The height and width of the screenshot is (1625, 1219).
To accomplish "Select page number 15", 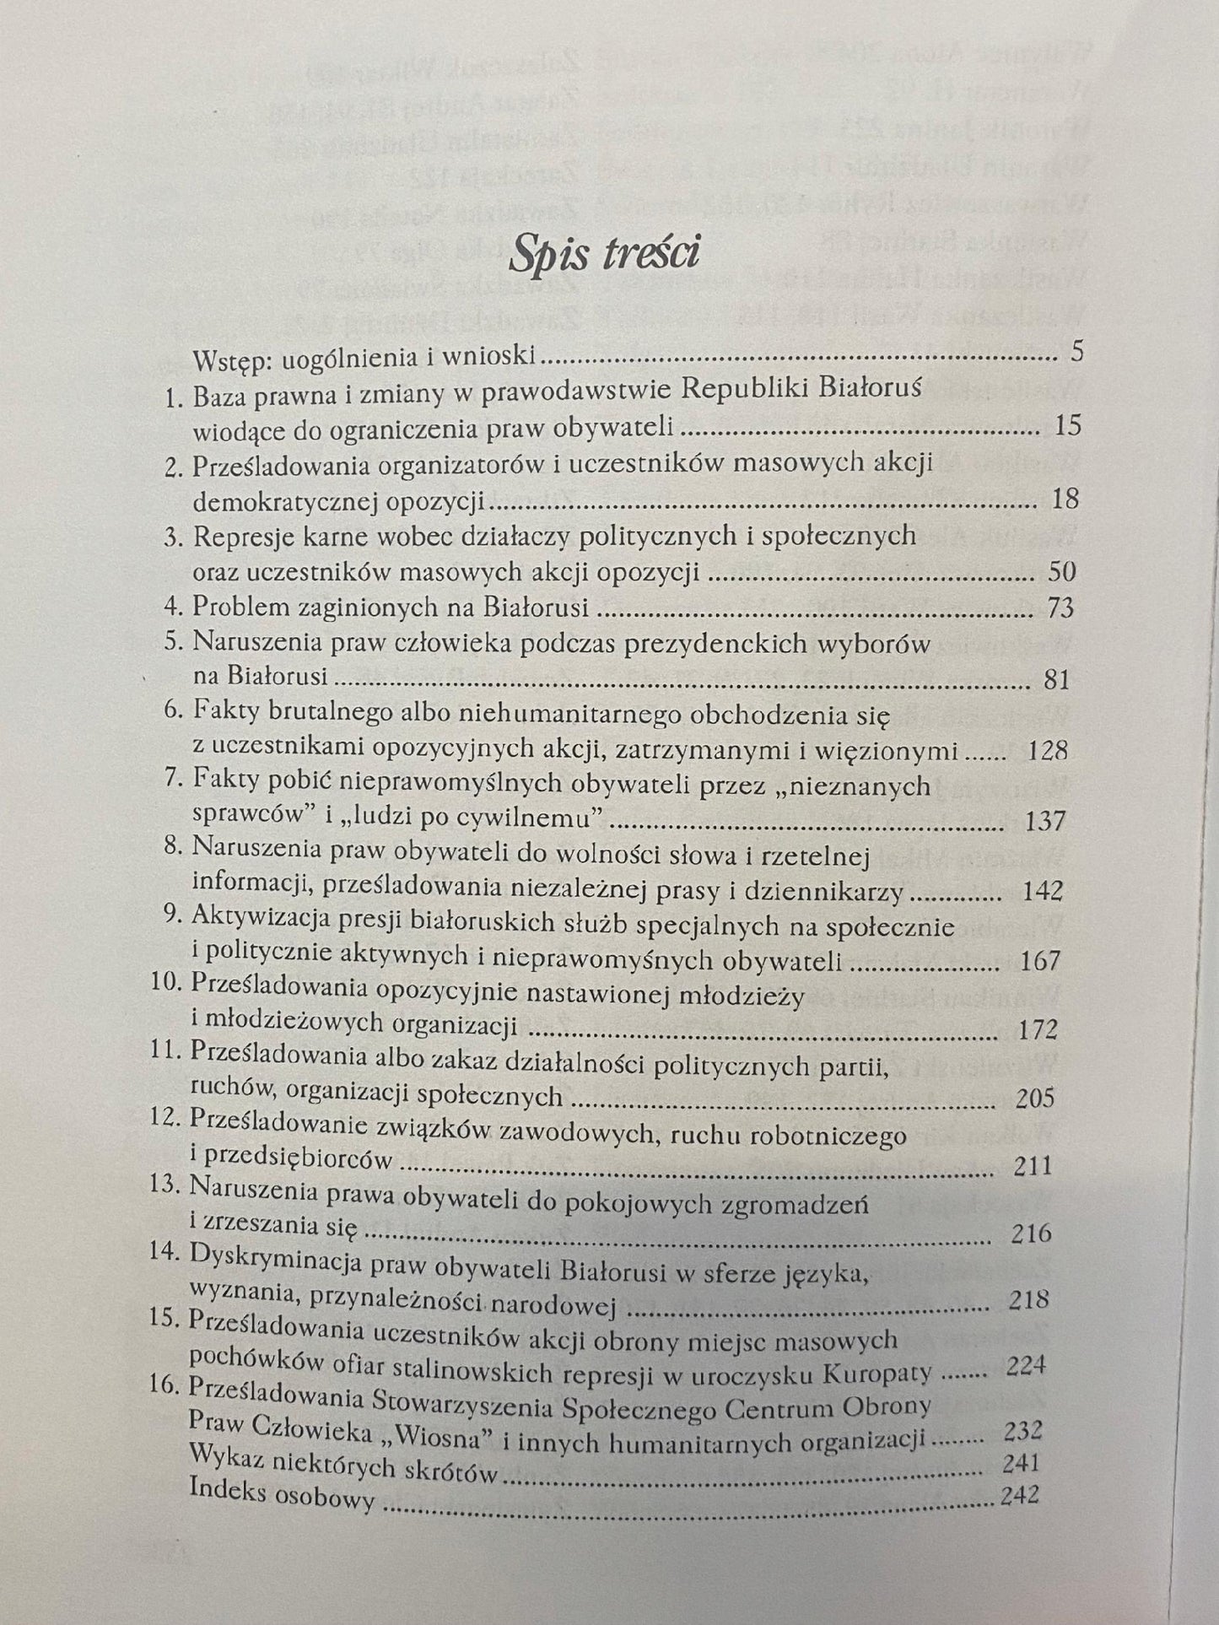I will (x=1067, y=424).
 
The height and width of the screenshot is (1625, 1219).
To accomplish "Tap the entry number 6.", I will (x=173, y=711).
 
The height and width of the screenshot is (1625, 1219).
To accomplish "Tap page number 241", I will (x=1021, y=1462).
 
